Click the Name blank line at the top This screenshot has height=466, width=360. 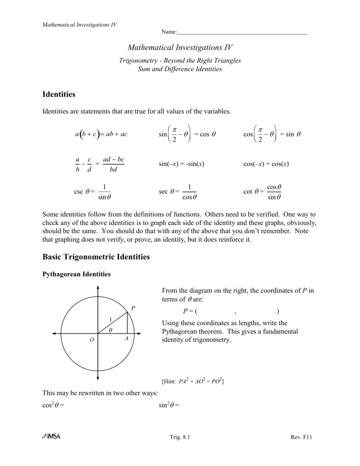pos(242,34)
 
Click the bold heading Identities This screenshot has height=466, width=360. pos(59,95)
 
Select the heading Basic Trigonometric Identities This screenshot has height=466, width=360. pos(96,257)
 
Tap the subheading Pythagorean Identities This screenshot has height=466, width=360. pos(76,274)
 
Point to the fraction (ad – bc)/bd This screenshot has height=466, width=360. pos(113,164)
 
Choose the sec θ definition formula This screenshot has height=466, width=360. pos(178,192)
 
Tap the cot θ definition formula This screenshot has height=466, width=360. pos(263,192)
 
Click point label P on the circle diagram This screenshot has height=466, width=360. pos(133,309)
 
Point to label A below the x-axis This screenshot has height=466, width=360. pos(127,339)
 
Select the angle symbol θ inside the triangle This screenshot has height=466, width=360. pos(110,329)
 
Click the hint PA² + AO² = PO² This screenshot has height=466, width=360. pos(193,381)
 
